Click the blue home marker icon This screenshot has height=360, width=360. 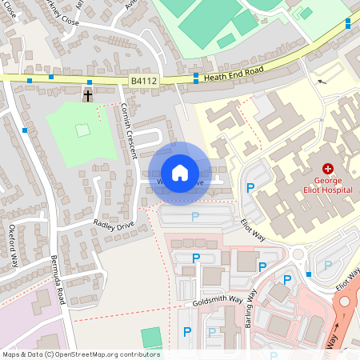coord(180,173)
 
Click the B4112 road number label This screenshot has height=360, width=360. coord(145,79)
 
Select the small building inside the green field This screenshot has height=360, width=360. coord(82,130)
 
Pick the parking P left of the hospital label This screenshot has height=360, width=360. coord(250,188)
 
